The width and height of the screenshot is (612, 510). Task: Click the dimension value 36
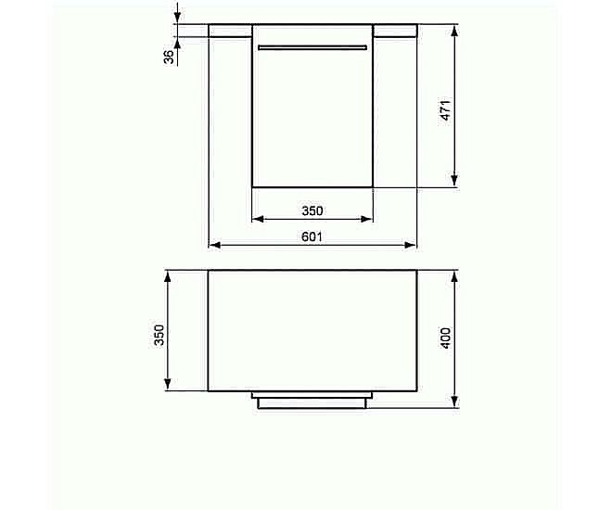169,57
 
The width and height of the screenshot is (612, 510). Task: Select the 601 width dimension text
312,236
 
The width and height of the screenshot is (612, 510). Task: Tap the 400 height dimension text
445,338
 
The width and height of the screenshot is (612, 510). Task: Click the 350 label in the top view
312,210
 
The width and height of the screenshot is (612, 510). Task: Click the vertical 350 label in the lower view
159,335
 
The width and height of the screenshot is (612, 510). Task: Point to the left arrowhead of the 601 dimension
213,246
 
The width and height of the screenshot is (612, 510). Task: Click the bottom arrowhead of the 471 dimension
454,182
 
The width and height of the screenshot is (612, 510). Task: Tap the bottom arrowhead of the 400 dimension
454,402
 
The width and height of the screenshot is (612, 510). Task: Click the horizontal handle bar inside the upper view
312,46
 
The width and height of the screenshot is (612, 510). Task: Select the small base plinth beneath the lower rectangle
312,401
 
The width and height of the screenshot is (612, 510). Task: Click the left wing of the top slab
230,30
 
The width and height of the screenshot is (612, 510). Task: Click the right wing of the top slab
394,30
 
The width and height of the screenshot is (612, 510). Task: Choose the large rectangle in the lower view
312,330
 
